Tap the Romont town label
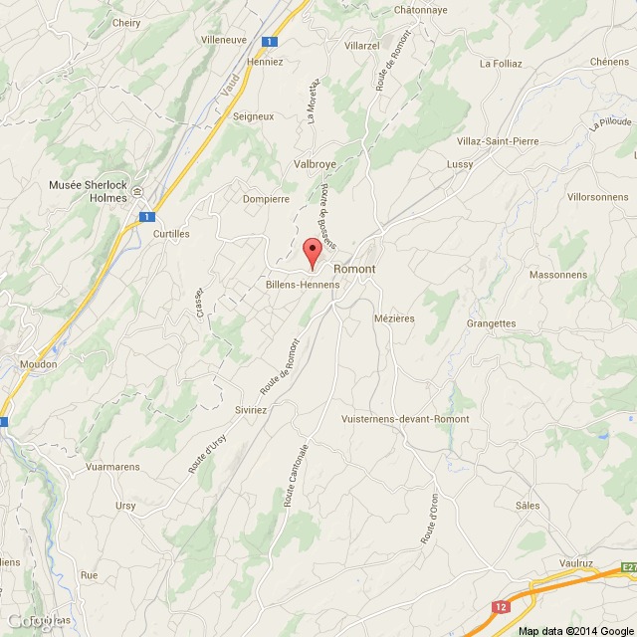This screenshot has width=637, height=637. pos(354,270)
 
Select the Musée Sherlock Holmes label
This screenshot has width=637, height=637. pos(89,191)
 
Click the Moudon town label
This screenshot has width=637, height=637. pos(39,364)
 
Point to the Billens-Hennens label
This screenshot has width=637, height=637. pos(303,284)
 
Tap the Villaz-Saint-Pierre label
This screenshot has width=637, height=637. pos(497,141)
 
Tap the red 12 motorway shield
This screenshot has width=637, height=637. pos(500,605)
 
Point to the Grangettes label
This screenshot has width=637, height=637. pos(491,323)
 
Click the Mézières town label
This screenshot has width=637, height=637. pos(393,318)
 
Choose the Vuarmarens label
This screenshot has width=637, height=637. pos(111,466)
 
